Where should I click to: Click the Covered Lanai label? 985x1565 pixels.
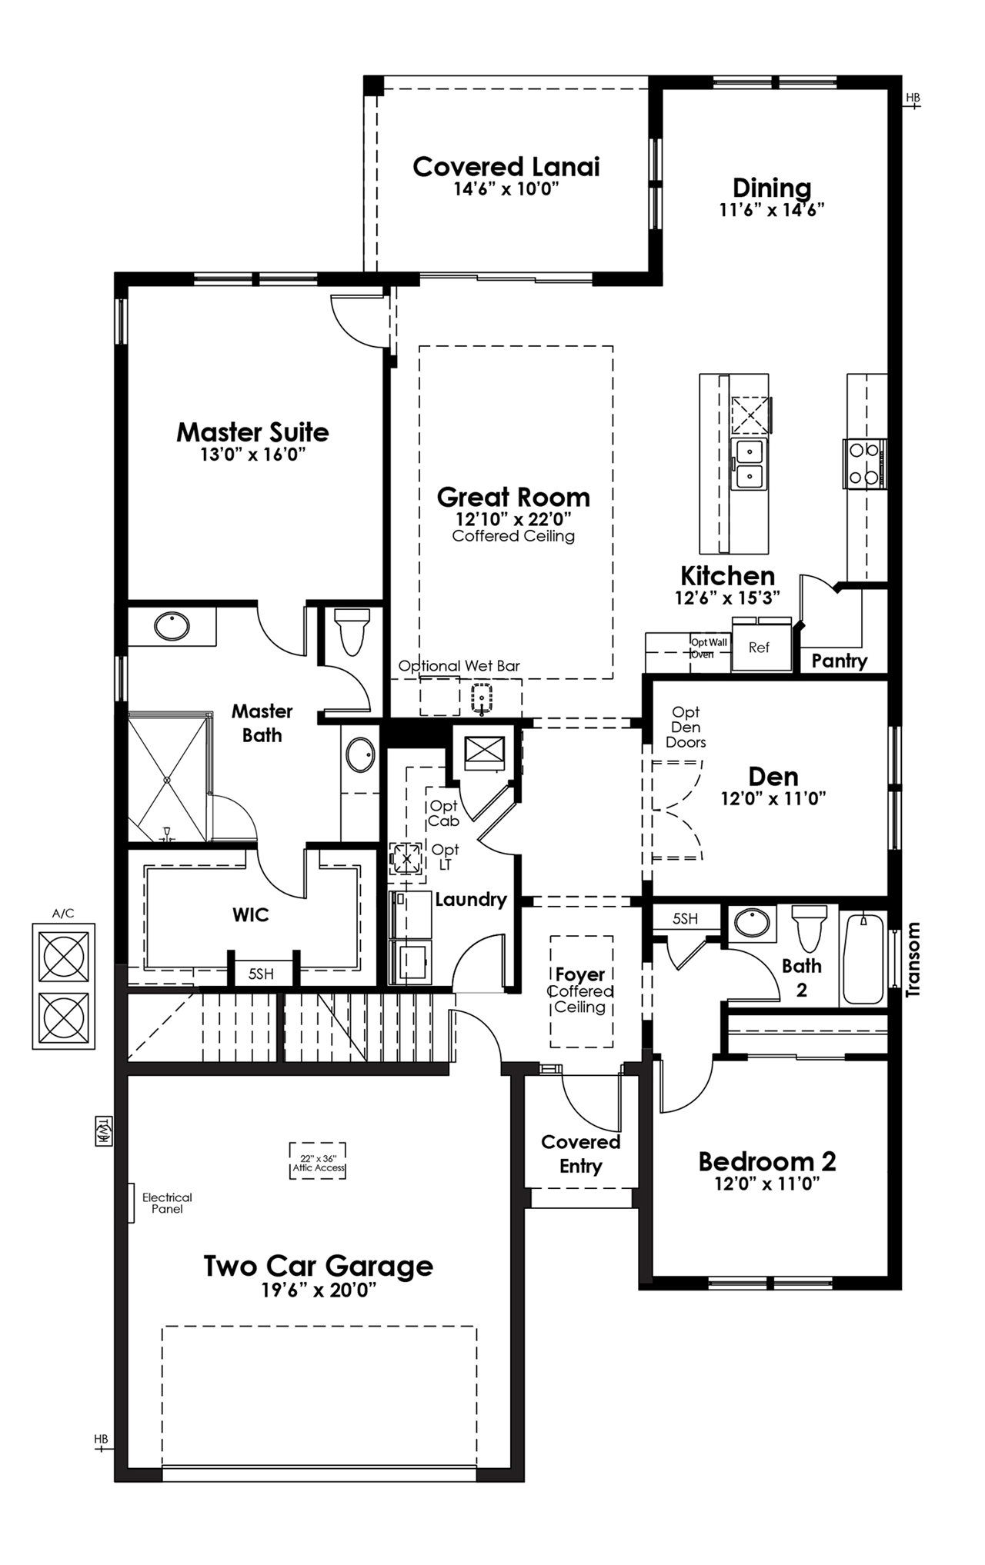pos(506,166)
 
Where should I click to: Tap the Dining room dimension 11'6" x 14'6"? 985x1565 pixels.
pos(772,209)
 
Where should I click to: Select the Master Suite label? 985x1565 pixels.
pos(252,432)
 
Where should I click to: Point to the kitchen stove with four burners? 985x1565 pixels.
pos(863,463)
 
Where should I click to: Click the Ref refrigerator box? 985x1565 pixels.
pos(758,648)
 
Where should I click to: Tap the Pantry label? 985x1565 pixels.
pos(839,661)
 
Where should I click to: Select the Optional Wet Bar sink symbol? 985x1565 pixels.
pos(482,697)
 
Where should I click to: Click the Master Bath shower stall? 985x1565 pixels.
pos(168,777)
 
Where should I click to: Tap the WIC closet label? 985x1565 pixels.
pos(251,915)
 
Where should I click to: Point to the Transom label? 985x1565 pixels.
pos(913,959)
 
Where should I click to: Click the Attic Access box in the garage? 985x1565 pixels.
pos(318,1162)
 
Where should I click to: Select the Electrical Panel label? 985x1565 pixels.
pos(167,1203)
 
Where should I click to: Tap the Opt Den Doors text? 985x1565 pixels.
pos(686,727)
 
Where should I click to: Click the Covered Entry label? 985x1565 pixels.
pos(580,1154)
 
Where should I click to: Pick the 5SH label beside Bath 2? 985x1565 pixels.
pos(685,918)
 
